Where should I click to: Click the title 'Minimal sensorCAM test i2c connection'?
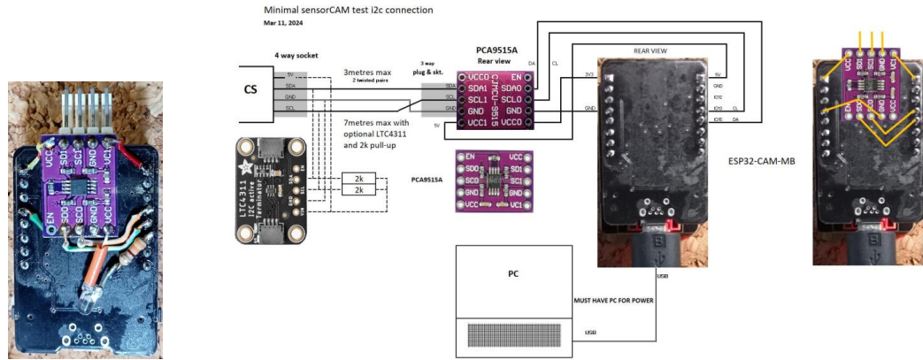click(336, 11)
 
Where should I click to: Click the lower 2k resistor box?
click(358, 192)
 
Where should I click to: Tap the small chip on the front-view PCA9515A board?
click(496, 182)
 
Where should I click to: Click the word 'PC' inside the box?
click(512, 273)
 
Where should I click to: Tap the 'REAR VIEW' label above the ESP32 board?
click(650, 51)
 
